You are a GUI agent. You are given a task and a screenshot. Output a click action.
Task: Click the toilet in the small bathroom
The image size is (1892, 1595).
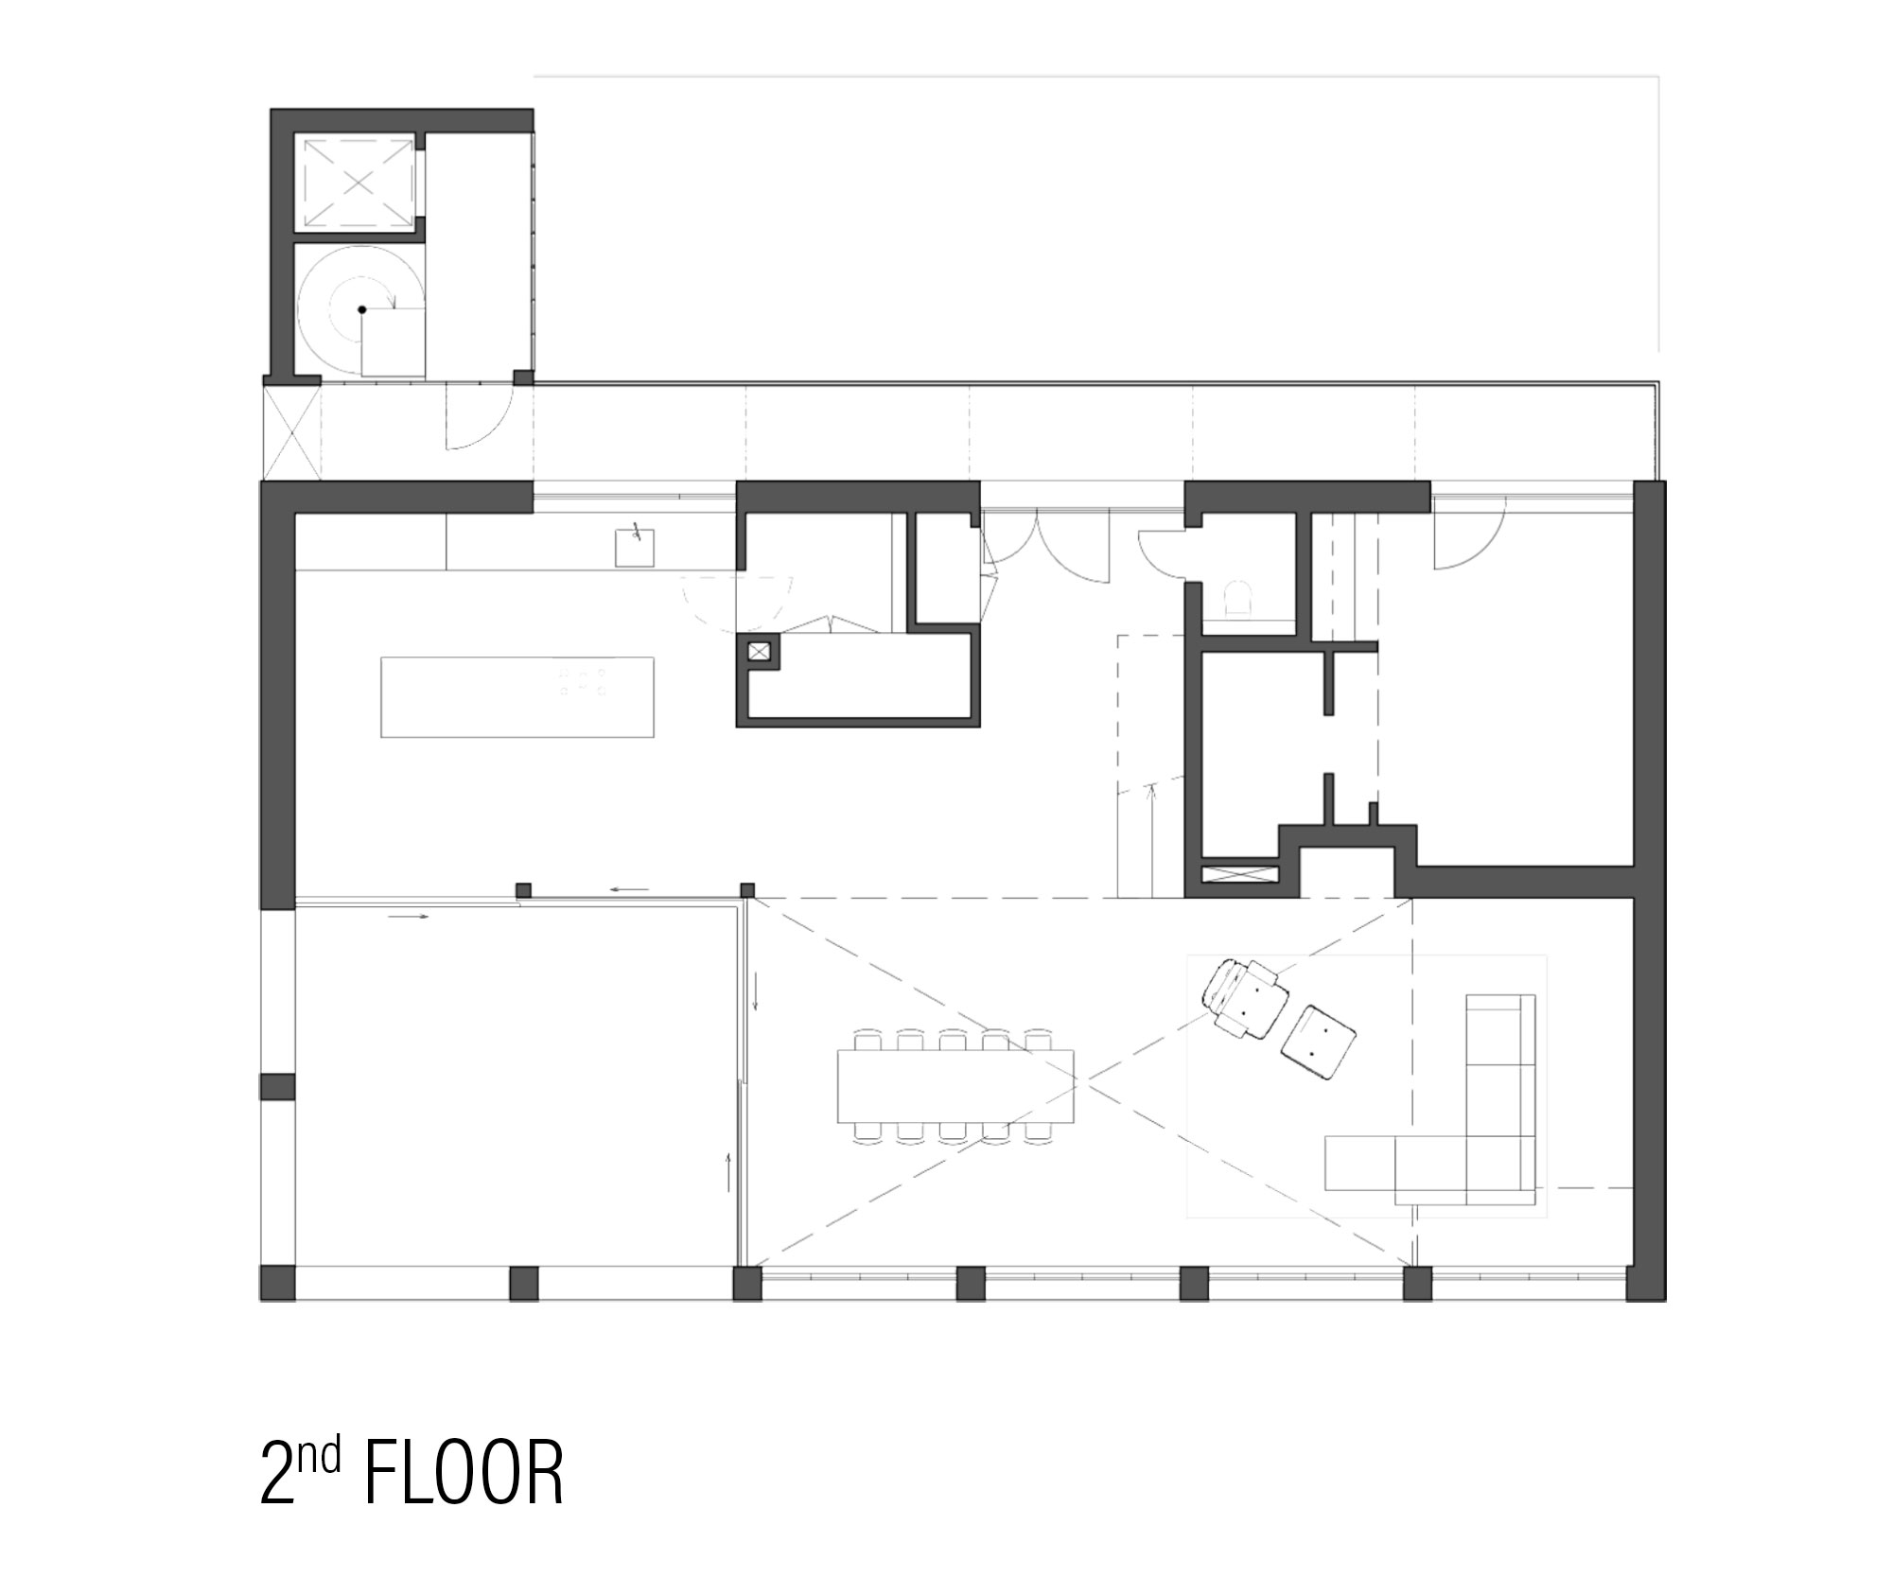(1239, 598)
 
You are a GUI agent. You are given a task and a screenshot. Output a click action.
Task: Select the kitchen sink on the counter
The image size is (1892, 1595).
(635, 548)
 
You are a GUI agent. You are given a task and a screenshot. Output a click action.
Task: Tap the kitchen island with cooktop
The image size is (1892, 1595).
(517, 697)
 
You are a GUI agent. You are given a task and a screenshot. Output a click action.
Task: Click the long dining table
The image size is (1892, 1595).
(955, 1084)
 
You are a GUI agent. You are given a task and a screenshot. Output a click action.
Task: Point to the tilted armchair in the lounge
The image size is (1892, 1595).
(1245, 998)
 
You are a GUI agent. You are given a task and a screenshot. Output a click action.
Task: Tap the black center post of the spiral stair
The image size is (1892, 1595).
(361, 309)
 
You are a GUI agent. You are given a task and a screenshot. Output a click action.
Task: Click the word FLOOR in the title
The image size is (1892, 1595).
(464, 1473)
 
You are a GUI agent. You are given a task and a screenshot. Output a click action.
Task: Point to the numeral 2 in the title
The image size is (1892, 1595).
(275, 1474)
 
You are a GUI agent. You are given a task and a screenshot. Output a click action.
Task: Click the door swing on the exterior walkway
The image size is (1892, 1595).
(479, 416)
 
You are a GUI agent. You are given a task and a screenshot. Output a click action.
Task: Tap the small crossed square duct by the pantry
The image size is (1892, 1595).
(760, 651)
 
